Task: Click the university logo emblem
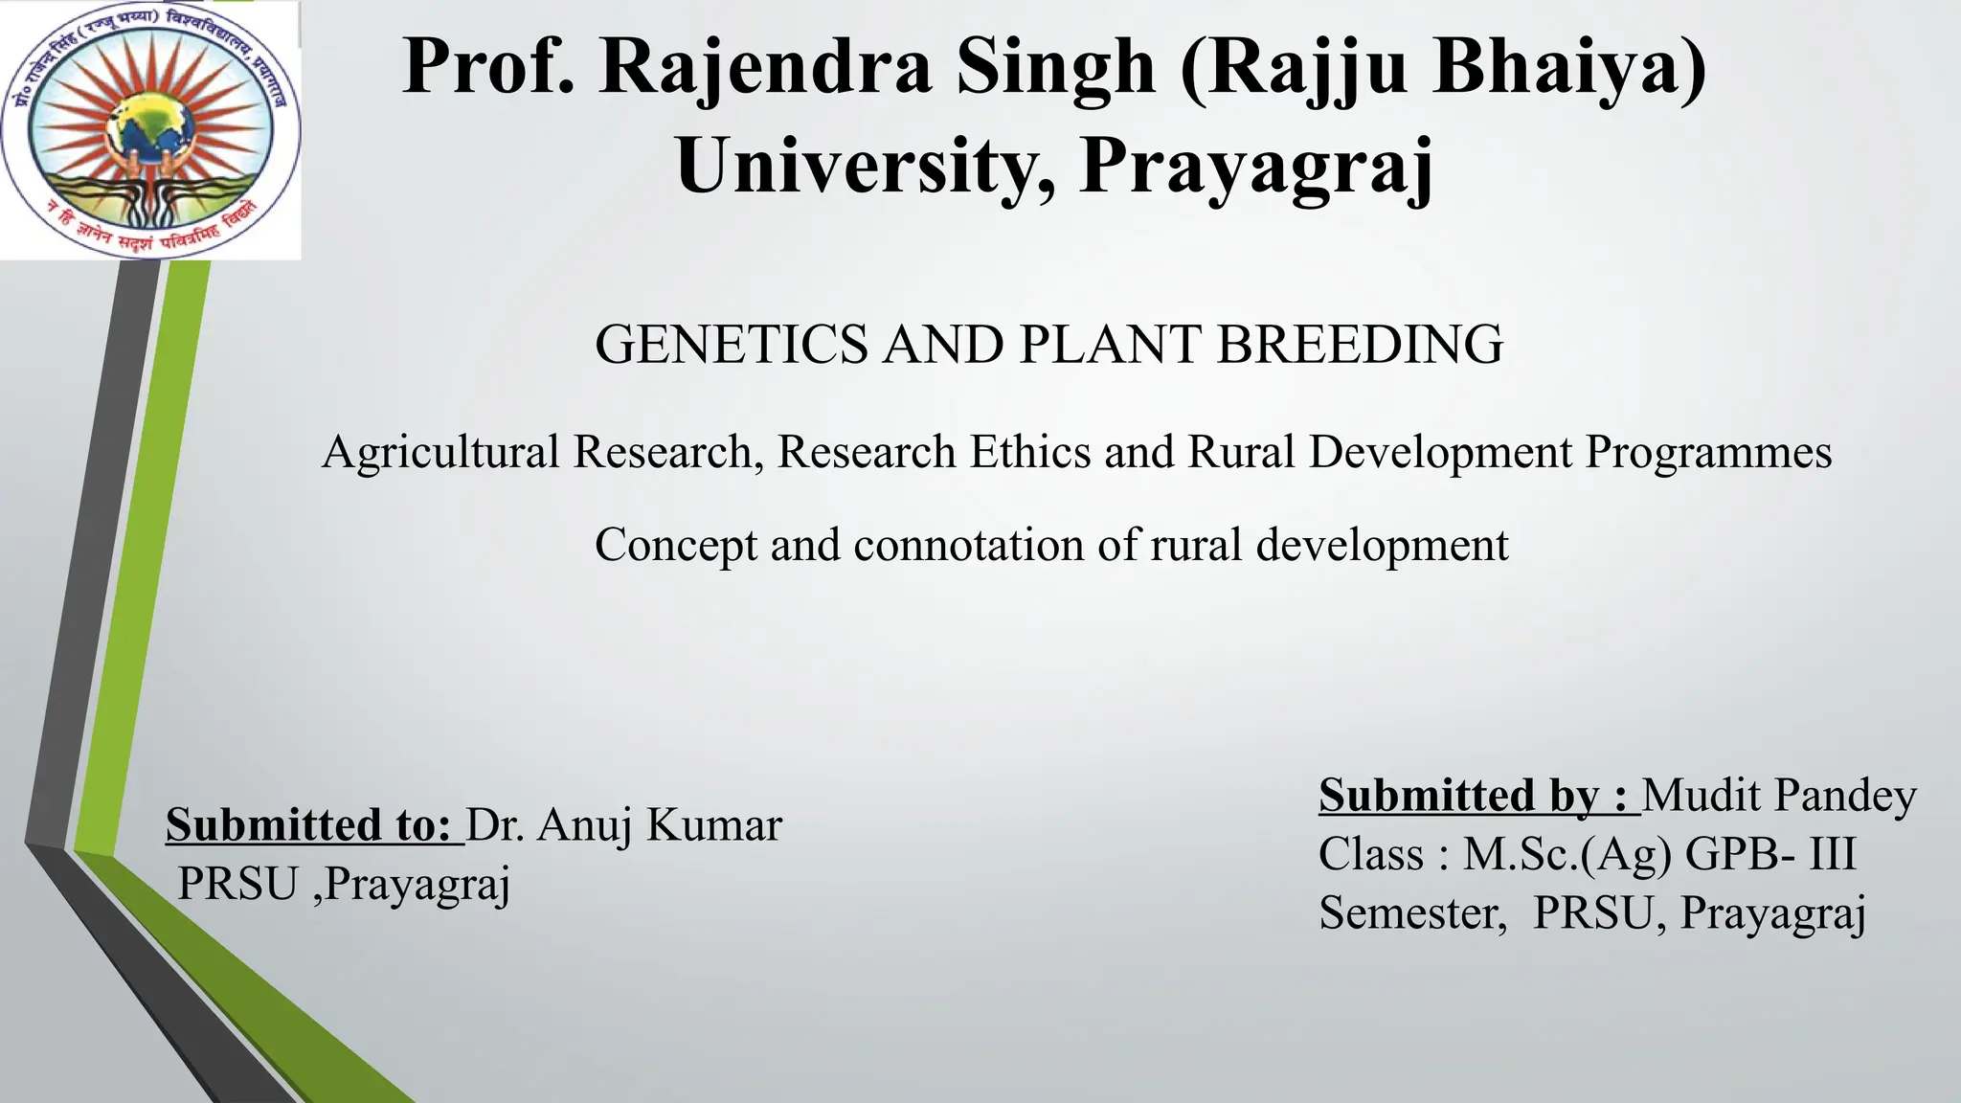pos(150,130)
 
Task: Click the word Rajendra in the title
pos(765,66)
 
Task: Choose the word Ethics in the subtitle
pos(1030,451)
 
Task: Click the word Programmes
pos(1708,451)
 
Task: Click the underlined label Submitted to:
pos(308,824)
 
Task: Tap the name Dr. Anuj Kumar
pos(624,824)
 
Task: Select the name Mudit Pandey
pos(1779,795)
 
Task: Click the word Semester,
pos(1413,912)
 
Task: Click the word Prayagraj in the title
pos(1256,165)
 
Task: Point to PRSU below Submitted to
pos(237,883)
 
